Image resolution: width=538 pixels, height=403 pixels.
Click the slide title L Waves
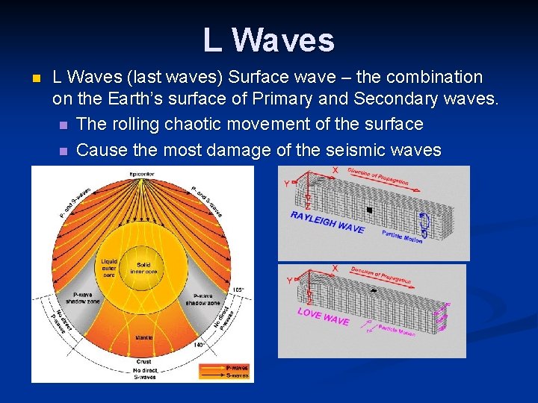[268, 40]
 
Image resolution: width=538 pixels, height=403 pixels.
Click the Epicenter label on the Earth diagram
[141, 174]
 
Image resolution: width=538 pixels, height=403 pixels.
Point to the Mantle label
[144, 337]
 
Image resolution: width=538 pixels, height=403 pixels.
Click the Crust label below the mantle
[142, 361]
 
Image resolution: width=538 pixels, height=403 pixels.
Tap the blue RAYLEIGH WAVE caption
[327, 222]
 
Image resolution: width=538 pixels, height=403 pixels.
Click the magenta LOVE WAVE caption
[323, 316]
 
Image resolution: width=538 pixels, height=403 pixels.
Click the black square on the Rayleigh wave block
[369, 210]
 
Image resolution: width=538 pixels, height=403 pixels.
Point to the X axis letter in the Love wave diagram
[334, 268]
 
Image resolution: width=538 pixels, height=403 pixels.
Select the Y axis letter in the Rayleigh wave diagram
[285, 184]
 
